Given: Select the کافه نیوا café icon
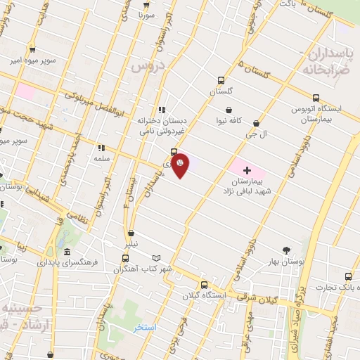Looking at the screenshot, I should [x=229, y=109].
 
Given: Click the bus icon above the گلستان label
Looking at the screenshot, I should [x=221, y=80].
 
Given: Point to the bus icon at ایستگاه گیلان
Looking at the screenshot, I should [x=204, y=285].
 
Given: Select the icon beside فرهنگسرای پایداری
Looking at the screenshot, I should [x=67, y=252].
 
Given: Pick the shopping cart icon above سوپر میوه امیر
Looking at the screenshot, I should [x=32, y=49].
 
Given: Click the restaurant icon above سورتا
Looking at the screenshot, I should [x=146, y=2].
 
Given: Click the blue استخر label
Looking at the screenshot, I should [x=145, y=328].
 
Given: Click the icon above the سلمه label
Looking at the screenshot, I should [x=101, y=148].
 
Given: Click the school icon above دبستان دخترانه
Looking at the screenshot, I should [x=162, y=109].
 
